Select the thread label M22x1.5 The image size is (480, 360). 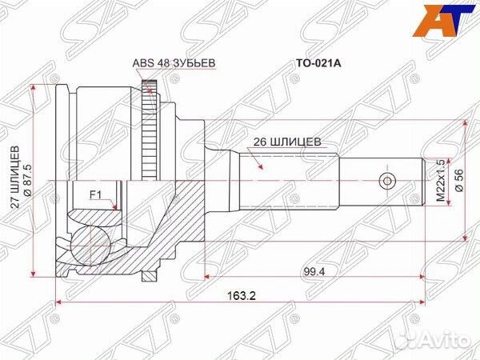click(439, 181)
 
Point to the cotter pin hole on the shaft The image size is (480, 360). click(386, 181)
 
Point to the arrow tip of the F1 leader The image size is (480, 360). click(118, 210)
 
